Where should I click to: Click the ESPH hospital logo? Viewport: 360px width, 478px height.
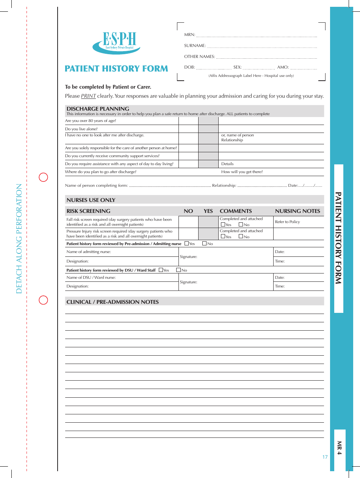[117, 42]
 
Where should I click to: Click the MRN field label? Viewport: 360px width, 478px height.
[189, 35]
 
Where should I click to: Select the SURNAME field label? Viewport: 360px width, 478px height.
[195, 46]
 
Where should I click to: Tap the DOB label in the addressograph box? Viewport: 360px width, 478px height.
[189, 67]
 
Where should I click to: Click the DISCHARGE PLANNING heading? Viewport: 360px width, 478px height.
[98, 109]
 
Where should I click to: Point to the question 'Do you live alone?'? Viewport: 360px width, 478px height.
[81, 129]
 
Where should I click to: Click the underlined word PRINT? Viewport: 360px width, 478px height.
[88, 96]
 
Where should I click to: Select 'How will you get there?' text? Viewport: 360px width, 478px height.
[242, 172]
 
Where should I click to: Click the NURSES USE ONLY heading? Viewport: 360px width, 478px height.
[91, 200]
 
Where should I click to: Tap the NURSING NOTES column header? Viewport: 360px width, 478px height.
[297, 211]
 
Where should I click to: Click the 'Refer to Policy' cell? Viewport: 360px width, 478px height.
[287, 222]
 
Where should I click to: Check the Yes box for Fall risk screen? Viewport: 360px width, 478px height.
[223, 225]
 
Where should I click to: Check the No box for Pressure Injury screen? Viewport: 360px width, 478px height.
[241, 237]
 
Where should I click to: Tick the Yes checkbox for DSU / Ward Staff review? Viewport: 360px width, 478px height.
[161, 270]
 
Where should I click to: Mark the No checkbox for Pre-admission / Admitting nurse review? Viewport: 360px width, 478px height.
[205, 244]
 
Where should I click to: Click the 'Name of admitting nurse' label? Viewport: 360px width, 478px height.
[89, 252]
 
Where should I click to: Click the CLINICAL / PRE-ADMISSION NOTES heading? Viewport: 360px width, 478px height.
[113, 302]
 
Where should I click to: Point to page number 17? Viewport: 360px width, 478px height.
[325, 457]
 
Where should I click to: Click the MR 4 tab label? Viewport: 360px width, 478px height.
[340, 448]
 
